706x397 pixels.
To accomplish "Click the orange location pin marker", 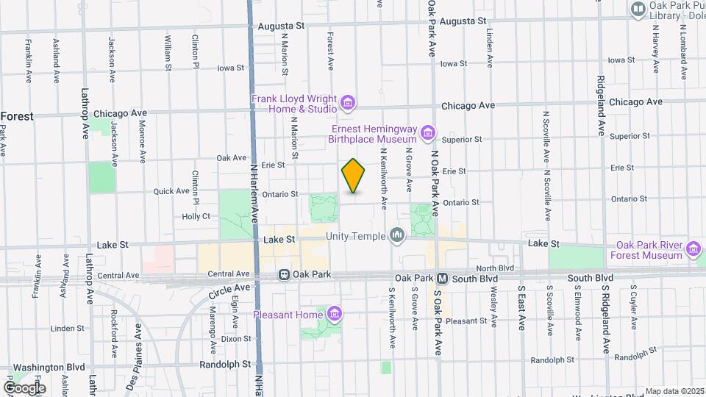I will pos(354,176).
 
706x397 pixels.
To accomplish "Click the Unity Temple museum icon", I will pos(397,235).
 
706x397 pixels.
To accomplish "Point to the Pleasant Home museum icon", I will pos(335,315).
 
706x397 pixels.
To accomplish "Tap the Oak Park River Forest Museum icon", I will pos(693,250).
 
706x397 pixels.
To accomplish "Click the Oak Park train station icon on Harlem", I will pos(284,275).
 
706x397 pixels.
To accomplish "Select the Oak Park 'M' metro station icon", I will pos(443,279).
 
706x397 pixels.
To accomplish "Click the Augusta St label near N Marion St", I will pos(281,26).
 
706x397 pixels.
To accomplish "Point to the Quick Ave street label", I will pos(171,191).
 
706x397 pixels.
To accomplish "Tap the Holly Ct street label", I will pos(196,216).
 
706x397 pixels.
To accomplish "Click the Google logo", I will pos(24,387).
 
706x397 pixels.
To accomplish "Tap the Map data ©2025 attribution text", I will pos(674,392).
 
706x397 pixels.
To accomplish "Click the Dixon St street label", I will pos(236,339).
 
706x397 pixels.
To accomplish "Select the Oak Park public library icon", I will pos(638,9).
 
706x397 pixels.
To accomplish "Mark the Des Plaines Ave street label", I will pos(138,345).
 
